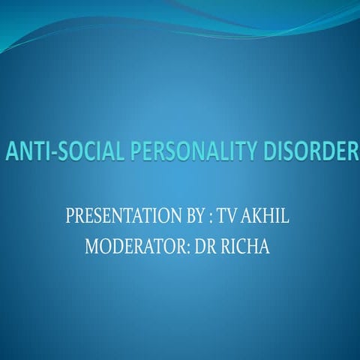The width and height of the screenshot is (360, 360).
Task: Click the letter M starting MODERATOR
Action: click(x=92, y=246)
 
